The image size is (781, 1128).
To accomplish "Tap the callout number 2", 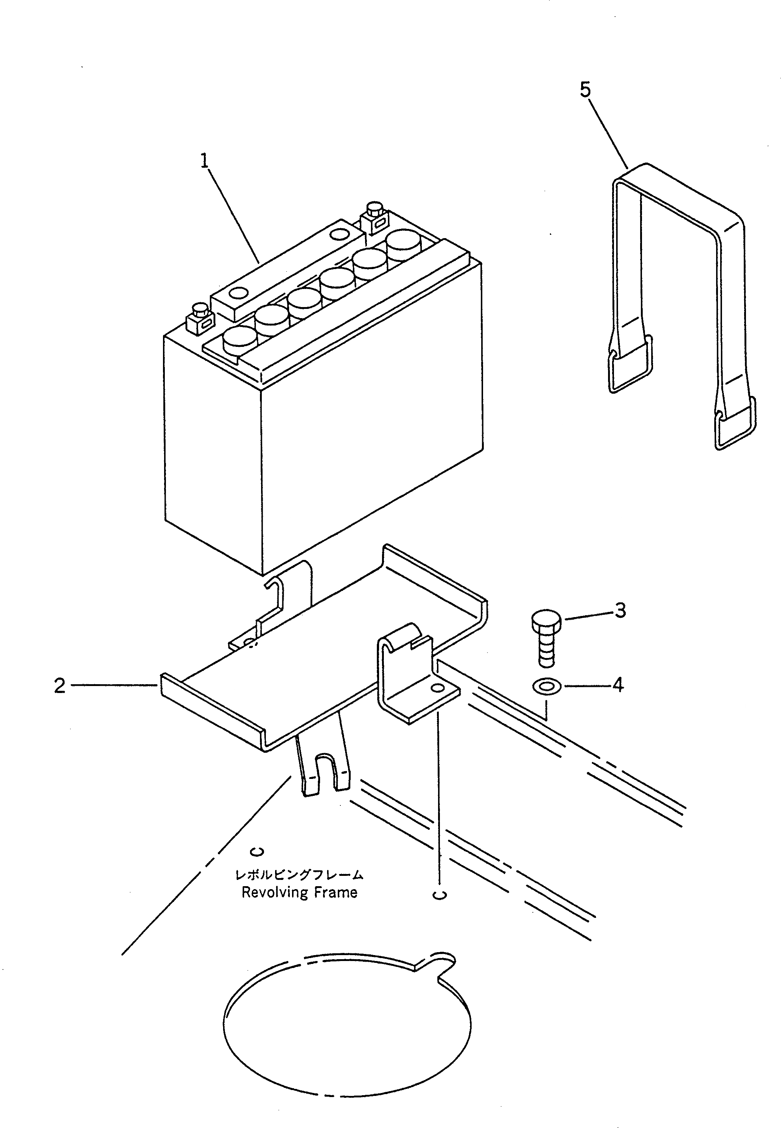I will coord(60,686).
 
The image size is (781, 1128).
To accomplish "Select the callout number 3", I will coord(620,610).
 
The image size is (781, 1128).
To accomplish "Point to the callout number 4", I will coord(618,685).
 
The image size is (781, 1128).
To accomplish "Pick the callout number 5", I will coord(585,90).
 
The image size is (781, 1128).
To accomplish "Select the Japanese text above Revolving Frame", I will coord(299,874).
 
